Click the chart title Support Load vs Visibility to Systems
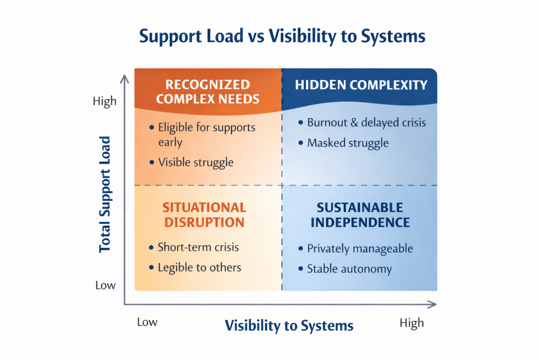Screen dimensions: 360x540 pyautogui.click(x=282, y=37)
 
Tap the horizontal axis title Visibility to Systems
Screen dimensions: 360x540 pyautogui.click(x=289, y=325)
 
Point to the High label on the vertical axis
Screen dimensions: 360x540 pyautogui.click(x=104, y=101)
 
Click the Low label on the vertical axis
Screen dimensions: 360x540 pyautogui.click(x=105, y=285)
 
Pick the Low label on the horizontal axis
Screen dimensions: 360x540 pyautogui.click(x=147, y=322)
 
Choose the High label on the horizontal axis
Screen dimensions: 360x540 pyautogui.click(x=411, y=323)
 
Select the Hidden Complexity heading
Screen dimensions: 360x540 pyautogui.click(x=361, y=85)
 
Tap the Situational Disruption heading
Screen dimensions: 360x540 pyautogui.click(x=205, y=215)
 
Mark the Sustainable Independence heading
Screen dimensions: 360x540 pyautogui.click(x=360, y=215)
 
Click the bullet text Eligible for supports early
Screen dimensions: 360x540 pyautogui.click(x=206, y=135)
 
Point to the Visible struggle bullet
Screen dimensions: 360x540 pyautogui.click(x=196, y=162)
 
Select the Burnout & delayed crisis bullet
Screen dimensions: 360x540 pyautogui.click(x=366, y=123)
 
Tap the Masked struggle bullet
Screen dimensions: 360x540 pyautogui.click(x=348, y=143)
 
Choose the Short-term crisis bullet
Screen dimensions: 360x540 pyautogui.click(x=198, y=247)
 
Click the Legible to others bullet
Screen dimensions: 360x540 pyautogui.click(x=199, y=267)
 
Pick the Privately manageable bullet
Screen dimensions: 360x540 pyautogui.click(x=360, y=248)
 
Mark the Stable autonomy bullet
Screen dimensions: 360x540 pyautogui.click(x=349, y=269)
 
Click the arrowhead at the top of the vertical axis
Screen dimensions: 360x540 pyautogui.click(x=125, y=79)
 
